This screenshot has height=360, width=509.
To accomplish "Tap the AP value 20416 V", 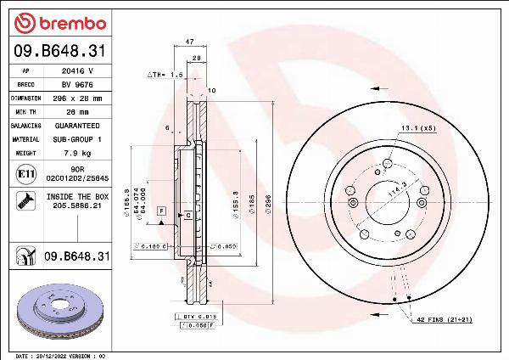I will tap(78, 72).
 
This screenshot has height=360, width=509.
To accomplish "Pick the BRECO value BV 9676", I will tap(78, 85).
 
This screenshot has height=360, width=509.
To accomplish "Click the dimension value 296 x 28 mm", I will tap(78, 98).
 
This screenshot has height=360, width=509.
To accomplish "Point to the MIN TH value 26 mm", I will tap(78, 111).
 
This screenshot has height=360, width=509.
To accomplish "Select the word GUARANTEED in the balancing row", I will tap(78, 125).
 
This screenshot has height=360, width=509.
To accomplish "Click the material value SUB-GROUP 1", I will tap(78, 138).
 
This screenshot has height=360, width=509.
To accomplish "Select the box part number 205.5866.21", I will tap(78, 205).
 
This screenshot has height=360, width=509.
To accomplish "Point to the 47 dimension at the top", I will tap(190, 40).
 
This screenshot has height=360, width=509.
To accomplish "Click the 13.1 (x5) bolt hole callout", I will tap(417, 128).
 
